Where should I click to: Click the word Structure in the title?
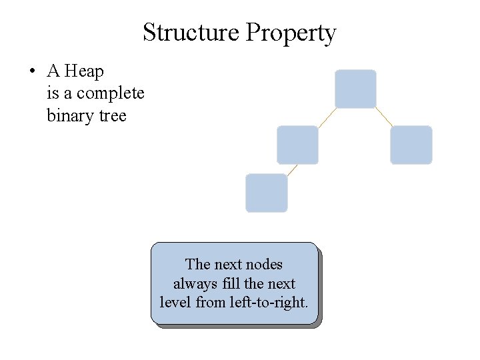[x=191, y=33]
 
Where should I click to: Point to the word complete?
[x=110, y=93]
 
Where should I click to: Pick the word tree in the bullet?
[x=112, y=115]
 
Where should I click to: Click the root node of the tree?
[x=355, y=89]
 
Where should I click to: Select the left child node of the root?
[x=297, y=145]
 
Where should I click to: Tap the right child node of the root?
[x=411, y=145]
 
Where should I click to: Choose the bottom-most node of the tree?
[x=267, y=193]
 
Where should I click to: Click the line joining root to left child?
[x=326, y=117]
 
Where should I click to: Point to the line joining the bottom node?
[x=292, y=169]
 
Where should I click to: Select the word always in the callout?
[x=194, y=283]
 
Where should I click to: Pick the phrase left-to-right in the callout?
[x=268, y=302]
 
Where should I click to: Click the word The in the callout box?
[x=197, y=264]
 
